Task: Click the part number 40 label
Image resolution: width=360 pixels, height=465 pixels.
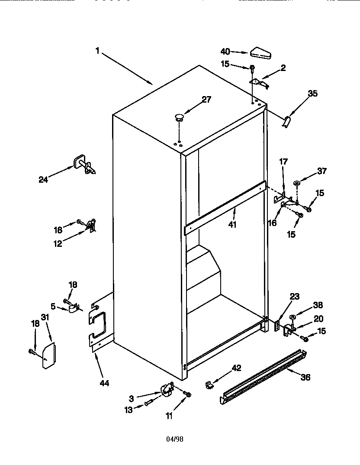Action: click(x=225, y=52)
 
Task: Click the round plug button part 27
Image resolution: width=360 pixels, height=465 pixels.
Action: click(x=178, y=116)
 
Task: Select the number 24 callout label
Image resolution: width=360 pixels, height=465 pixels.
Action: click(x=43, y=180)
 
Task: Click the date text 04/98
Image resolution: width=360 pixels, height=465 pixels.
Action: click(x=175, y=439)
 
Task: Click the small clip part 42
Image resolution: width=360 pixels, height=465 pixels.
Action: click(x=209, y=384)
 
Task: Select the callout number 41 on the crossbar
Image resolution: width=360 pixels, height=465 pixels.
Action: click(x=232, y=225)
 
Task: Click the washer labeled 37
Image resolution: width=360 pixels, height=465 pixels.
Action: click(x=297, y=184)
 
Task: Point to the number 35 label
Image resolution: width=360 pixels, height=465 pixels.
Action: click(x=312, y=93)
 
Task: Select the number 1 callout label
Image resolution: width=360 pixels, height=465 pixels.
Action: click(x=98, y=51)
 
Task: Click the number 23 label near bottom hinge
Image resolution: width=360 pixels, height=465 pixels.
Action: click(x=295, y=297)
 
